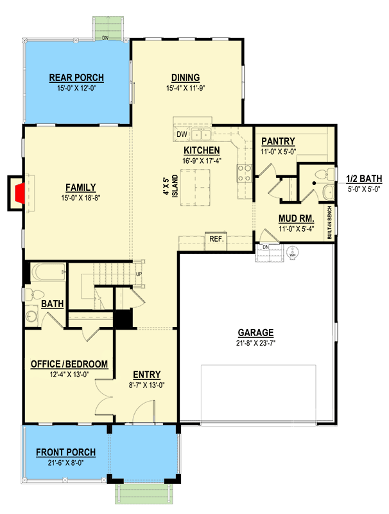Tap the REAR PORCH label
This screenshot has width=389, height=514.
click(76, 78)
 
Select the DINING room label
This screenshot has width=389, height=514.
click(186, 78)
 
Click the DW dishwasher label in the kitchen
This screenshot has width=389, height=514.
click(182, 134)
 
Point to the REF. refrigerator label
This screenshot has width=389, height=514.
click(215, 239)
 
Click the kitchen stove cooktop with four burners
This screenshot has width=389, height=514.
click(245, 172)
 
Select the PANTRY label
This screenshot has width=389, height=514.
click(278, 141)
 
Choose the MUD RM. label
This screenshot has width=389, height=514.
click(296, 218)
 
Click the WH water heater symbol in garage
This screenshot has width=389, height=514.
click(293, 254)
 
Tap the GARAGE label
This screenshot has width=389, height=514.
click(255, 333)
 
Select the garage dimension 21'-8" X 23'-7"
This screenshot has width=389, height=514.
click(255, 343)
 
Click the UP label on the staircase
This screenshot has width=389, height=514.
click(138, 274)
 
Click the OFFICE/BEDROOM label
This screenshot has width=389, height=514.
click(69, 364)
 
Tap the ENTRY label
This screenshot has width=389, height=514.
click(146, 375)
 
